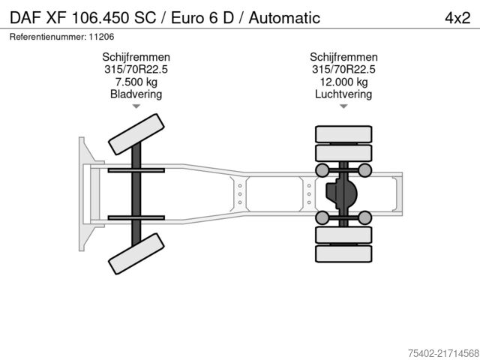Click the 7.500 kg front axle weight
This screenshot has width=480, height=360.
coord(136,82)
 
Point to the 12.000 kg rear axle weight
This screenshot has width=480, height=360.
coord(344,82)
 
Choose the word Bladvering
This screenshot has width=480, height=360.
coord(136,94)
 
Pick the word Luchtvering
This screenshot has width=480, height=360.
coord(344,94)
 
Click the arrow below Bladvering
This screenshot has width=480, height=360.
coord(136,106)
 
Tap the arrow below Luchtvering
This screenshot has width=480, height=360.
coord(344,106)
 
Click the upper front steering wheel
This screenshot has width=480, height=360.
coord(136,135)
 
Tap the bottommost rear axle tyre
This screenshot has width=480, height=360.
coord(344,253)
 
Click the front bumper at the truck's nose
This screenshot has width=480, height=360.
coord(81,193)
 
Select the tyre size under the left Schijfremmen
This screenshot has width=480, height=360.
coord(136,69)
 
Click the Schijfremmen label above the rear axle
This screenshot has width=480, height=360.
coord(344,57)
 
